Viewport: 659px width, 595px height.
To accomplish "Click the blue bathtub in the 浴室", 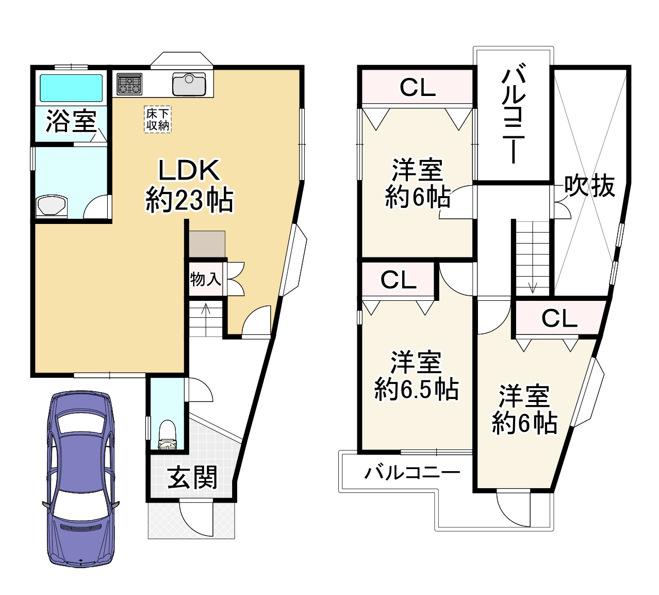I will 71,88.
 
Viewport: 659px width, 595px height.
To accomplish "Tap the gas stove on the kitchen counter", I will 129,84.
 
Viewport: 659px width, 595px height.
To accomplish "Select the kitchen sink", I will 189,84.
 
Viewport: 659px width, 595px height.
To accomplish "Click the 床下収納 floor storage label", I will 158,119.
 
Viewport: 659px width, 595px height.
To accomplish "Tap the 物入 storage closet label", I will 205,279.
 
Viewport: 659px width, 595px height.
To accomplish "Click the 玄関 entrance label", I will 192,477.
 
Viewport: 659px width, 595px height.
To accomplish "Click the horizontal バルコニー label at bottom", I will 412,472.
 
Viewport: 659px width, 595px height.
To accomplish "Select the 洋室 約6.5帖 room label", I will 416,376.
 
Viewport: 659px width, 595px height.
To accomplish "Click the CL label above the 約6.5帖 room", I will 398,280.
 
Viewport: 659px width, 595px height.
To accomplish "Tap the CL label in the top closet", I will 417,88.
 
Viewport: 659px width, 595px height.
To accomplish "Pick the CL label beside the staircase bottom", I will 559,318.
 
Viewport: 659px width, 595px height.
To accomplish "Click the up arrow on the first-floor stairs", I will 205,310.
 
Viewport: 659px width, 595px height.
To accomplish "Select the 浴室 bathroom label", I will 71,121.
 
